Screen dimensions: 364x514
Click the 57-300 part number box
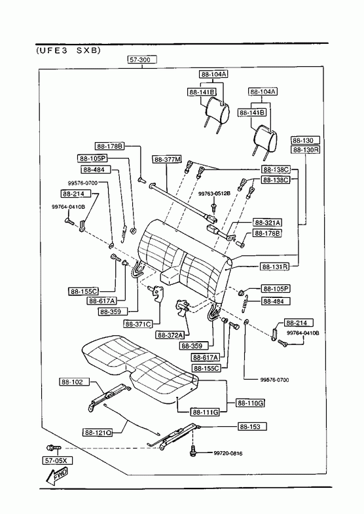(x=142, y=60)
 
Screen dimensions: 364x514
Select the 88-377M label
(x=167, y=159)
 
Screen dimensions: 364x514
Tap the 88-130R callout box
(x=306, y=150)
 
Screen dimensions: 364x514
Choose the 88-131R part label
(x=275, y=266)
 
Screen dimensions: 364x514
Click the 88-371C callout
(x=138, y=324)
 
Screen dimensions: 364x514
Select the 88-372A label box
(x=170, y=335)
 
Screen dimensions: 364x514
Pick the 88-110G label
(x=250, y=403)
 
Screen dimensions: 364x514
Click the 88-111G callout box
(x=205, y=412)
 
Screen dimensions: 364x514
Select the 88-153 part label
(x=252, y=426)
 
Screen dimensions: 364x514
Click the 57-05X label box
(x=58, y=460)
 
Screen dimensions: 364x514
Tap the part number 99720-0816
(x=228, y=453)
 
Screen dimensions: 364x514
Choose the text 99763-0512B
(x=214, y=194)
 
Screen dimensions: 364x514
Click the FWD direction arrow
(x=58, y=476)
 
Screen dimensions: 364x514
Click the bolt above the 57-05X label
(x=54, y=447)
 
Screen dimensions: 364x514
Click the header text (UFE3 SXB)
(x=68, y=50)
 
